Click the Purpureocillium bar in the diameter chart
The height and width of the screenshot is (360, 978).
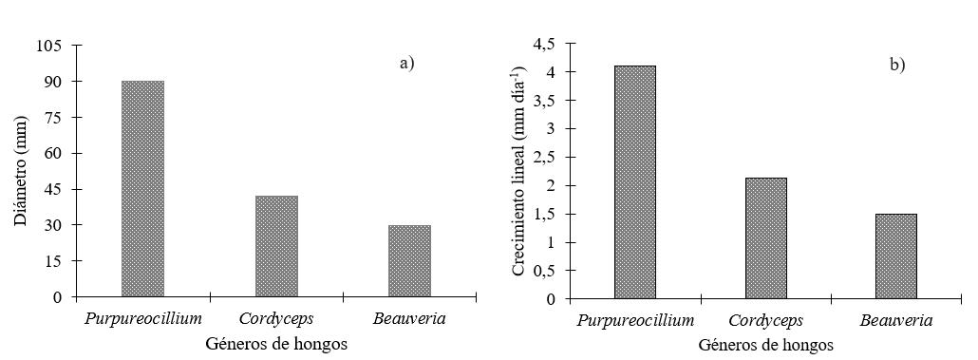[x=142, y=188]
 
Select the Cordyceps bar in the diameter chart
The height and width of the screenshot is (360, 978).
[x=276, y=246]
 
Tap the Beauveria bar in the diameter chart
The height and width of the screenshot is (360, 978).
[x=409, y=260]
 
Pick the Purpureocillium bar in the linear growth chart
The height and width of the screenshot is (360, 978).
[x=634, y=182]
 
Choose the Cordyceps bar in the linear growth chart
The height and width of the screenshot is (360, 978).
[x=765, y=238]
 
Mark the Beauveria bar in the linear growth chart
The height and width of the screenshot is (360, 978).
[x=895, y=256]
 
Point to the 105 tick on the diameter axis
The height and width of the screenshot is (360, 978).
[x=49, y=46]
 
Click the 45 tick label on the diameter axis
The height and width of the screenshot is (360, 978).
[x=53, y=189]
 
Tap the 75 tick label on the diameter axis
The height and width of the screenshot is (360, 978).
[x=53, y=118]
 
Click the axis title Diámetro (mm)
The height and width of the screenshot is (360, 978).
[x=21, y=170]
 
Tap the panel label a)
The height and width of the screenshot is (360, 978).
[x=407, y=63]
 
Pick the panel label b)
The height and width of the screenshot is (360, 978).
[x=897, y=65]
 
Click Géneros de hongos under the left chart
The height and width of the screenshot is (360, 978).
[x=276, y=344]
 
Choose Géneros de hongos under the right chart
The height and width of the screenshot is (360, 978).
[x=765, y=345]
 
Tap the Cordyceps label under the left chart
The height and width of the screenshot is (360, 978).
[x=276, y=319]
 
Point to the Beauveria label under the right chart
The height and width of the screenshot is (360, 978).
[x=895, y=321]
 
